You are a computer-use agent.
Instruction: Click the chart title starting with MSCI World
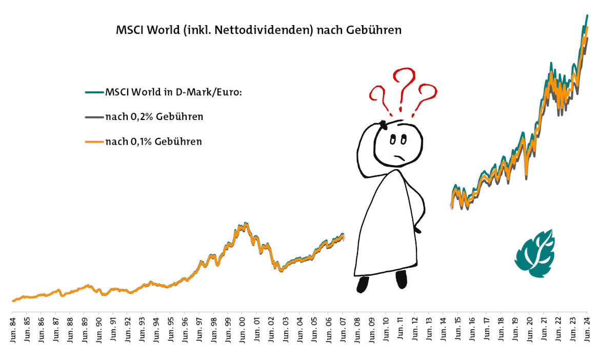(259, 30)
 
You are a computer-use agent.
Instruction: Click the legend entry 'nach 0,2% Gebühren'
(154, 117)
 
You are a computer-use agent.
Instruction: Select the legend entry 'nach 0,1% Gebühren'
(153, 142)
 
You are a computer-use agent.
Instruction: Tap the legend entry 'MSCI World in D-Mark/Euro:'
(173, 92)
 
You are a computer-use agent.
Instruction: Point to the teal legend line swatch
(94, 93)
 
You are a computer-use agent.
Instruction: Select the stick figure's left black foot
(363, 284)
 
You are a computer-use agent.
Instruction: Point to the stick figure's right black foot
(401, 279)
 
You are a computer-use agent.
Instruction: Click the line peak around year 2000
(245, 224)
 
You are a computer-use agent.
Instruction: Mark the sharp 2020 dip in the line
(528, 176)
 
